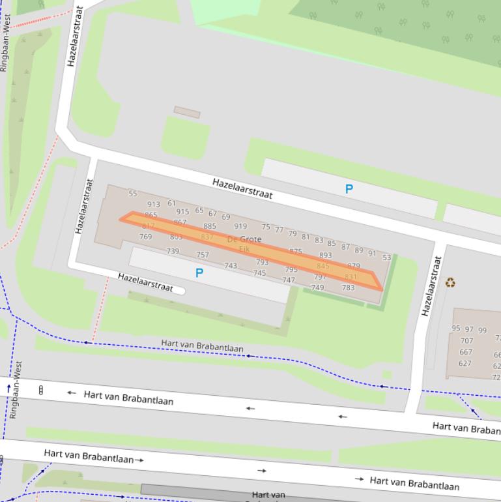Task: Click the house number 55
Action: click(133, 194)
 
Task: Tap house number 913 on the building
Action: click(154, 205)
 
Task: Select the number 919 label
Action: click(240, 227)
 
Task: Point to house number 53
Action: click(387, 258)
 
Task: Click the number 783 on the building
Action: click(349, 288)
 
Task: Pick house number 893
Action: click(325, 256)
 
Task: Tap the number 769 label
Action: click(145, 237)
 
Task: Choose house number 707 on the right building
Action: click(466, 341)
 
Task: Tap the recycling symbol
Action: click(450, 282)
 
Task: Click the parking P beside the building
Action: click(199, 273)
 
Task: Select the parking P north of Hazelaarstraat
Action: click(349, 189)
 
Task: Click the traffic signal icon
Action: click(41, 391)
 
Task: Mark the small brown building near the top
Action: click(187, 112)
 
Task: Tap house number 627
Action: click(465, 364)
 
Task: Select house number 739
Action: click(173, 251)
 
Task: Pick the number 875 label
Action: click(296, 251)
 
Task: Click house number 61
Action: click(171, 203)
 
